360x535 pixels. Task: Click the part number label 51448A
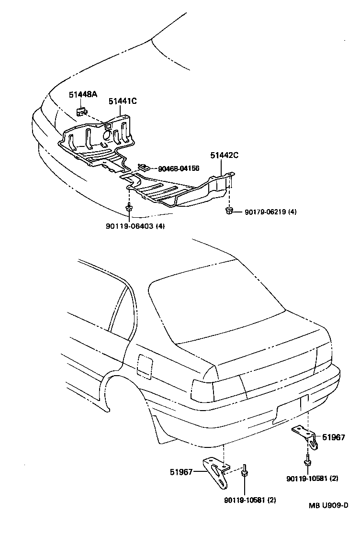[x=82, y=95]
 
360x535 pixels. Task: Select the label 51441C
[x=123, y=101]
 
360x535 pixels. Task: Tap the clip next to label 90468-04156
[x=144, y=167]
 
